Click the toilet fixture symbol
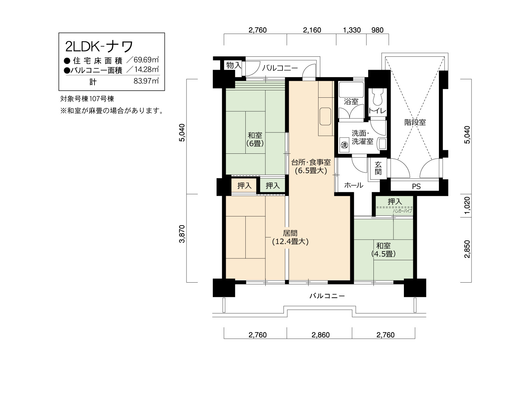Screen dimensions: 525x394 (x=378, y=97)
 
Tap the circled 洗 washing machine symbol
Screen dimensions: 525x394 (x=344, y=145)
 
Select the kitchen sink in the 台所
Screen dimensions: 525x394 (x=325, y=116)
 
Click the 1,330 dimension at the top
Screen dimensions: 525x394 (x=352, y=30)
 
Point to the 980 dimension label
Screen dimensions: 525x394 (x=377, y=30)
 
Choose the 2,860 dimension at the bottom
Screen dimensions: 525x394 (x=321, y=335)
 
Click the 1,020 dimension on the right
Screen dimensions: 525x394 (x=467, y=206)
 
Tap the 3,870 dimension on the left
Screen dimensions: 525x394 (x=182, y=234)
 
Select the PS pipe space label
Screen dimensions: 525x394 (x=416, y=187)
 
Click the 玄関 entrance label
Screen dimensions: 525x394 (x=378, y=168)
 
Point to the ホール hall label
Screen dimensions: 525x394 (x=353, y=185)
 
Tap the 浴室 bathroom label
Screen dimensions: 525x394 (x=351, y=102)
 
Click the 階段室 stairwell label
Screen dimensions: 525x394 (x=415, y=123)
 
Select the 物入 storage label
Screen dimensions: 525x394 (x=233, y=65)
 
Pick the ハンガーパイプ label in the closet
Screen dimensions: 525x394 (x=402, y=211)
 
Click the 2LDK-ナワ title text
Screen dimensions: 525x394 (x=99, y=47)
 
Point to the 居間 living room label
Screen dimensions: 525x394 (x=290, y=233)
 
